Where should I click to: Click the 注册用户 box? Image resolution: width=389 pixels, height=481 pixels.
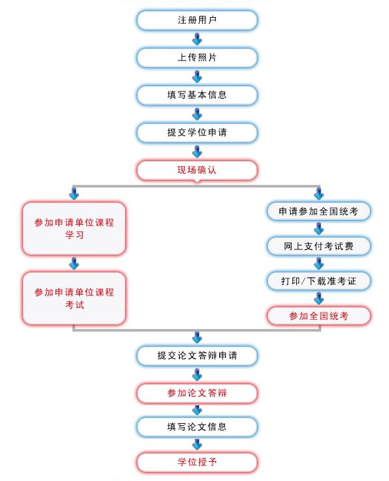(197, 20)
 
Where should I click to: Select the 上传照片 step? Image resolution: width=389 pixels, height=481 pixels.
(197, 58)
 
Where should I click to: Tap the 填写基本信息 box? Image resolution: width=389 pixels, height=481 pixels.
(197, 95)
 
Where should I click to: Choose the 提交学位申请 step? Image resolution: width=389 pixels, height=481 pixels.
(197, 132)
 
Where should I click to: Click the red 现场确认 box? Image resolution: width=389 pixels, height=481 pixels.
(197, 170)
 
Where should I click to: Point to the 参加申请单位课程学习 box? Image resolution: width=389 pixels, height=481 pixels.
(74, 228)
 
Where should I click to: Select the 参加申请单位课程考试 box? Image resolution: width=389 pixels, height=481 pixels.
(74, 298)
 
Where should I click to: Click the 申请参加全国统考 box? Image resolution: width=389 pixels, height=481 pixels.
(319, 211)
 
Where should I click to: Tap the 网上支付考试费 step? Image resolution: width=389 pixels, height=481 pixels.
(319, 246)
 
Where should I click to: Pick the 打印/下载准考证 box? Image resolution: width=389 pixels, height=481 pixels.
(319, 281)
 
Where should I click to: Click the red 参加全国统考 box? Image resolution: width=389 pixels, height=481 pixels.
(319, 316)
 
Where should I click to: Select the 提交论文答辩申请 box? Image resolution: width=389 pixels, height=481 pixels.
(197, 356)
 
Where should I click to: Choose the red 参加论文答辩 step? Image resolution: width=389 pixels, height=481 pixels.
(197, 393)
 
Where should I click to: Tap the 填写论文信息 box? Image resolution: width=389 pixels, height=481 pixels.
(197, 426)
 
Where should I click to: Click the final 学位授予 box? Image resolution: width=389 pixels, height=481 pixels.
(197, 462)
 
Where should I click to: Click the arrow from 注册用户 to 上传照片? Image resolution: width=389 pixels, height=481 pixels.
(197, 39)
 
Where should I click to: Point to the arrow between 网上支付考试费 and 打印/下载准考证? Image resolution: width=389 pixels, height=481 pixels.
(319, 263)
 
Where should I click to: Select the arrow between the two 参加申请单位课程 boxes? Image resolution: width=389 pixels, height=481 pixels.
(74, 263)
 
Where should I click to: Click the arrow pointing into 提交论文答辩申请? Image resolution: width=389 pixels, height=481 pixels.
(197, 338)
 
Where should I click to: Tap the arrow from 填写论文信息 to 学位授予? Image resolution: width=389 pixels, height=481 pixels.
(197, 445)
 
